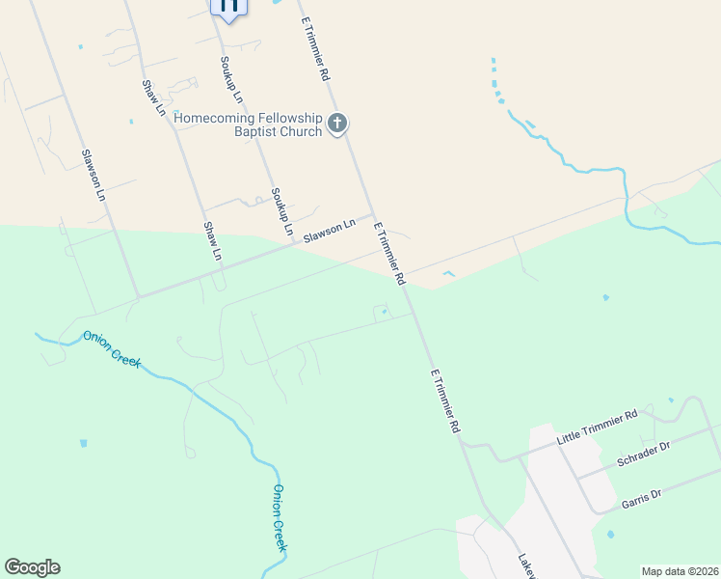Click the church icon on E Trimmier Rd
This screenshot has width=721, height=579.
click(337, 124)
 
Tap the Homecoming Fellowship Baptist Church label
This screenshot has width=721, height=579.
click(249, 124)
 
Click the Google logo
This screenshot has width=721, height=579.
click(32, 567)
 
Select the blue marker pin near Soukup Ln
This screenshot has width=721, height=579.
click(228, 6)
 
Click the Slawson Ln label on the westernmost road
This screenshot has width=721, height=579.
click(93, 174)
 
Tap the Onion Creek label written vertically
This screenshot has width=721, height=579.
click(279, 517)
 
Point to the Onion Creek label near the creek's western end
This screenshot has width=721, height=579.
click(112, 348)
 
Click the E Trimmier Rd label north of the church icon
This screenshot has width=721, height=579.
click(316, 47)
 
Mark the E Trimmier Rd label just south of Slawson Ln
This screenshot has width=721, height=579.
click(389, 253)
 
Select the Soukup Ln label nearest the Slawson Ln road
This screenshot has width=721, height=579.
click(281, 212)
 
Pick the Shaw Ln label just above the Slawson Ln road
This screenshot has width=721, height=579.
click(212, 241)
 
